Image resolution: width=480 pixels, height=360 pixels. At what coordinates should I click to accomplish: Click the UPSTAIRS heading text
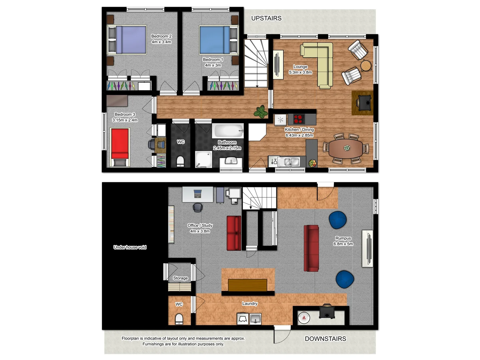(x=266, y=18)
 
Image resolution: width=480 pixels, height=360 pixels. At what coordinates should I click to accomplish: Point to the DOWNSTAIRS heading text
(x=325, y=339)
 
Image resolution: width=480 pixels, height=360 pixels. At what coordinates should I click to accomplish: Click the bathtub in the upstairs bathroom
(x=228, y=131)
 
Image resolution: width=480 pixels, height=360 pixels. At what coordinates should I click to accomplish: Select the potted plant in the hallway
(x=261, y=112)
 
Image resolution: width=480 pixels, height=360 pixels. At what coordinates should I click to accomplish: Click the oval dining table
(x=345, y=148)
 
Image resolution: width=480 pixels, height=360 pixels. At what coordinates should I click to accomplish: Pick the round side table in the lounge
(x=366, y=65)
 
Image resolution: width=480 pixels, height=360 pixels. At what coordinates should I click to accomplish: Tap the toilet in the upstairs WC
(x=180, y=161)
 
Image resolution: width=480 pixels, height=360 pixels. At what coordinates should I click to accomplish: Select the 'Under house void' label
(x=130, y=247)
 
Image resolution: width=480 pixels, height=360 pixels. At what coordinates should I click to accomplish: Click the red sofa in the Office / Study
(x=234, y=233)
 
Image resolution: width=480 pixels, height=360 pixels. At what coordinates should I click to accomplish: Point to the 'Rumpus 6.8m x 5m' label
(x=343, y=241)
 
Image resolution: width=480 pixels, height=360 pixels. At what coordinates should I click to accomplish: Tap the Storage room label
(x=180, y=278)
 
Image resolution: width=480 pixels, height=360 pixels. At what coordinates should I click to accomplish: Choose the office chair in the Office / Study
(x=198, y=207)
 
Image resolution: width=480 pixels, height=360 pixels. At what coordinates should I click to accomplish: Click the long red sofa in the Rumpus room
(x=311, y=248)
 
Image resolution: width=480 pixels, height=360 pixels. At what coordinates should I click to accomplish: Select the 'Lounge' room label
(x=300, y=67)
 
